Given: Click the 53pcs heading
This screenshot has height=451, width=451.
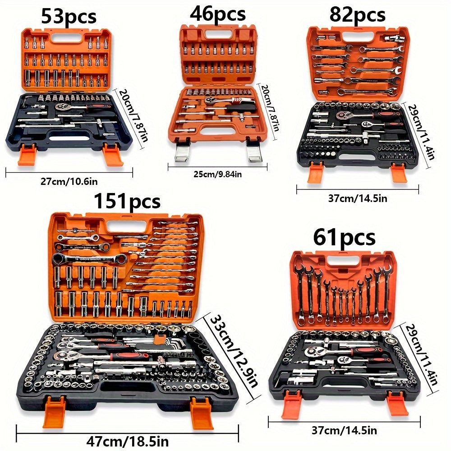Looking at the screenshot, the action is click(69, 16).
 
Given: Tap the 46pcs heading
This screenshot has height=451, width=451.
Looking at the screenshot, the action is click(218, 14).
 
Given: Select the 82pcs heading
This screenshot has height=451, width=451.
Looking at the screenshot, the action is click(357, 14).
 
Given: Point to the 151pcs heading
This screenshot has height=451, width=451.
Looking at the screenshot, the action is click(127, 201).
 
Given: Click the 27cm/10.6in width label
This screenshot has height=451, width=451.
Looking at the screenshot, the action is click(69, 181).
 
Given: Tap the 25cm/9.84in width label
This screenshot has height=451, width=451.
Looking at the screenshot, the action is click(217, 174).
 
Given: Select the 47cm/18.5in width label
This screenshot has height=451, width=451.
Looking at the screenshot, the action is click(128, 441).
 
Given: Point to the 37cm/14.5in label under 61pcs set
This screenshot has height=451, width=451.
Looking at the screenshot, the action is click(344, 430).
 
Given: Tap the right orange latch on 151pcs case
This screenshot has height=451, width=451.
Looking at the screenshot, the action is click(202, 412).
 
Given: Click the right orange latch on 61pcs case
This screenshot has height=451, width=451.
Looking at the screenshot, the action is click(397, 403).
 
